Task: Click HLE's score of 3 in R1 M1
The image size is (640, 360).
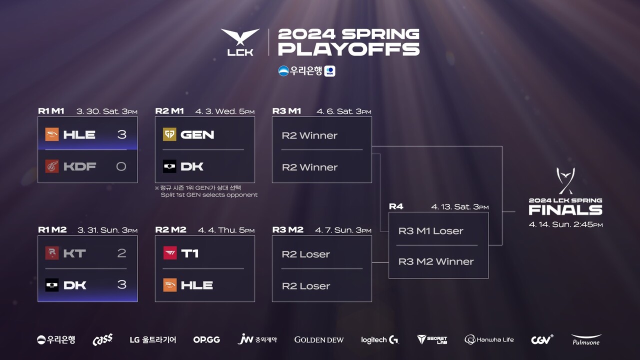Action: pyautogui.click(x=121, y=134)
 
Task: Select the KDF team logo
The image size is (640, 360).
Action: pyautogui.click(x=52, y=166)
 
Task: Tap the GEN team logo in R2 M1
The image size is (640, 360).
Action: pyautogui.click(x=170, y=134)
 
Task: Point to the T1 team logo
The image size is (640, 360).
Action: pyautogui.click(x=170, y=253)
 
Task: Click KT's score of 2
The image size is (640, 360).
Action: pyautogui.click(x=121, y=253)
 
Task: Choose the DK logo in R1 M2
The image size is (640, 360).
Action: pyautogui.click(x=52, y=285)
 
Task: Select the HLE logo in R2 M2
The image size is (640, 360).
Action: pyautogui.click(x=170, y=285)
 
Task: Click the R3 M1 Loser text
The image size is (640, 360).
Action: pyautogui.click(x=430, y=231)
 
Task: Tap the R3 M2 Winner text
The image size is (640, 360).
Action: pyautogui.click(x=436, y=261)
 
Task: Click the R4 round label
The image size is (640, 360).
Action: pyautogui.click(x=396, y=206)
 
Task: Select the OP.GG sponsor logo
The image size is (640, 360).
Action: pyautogui.click(x=206, y=339)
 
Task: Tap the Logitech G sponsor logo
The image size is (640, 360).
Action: pyautogui.click(x=380, y=340)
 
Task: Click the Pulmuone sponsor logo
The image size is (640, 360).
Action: pyautogui.click(x=586, y=340)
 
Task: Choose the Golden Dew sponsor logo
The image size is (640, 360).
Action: pyautogui.click(x=319, y=340)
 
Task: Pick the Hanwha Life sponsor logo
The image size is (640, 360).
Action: pyautogui.click(x=489, y=340)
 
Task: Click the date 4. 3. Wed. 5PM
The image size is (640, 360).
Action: pyautogui.click(x=225, y=111)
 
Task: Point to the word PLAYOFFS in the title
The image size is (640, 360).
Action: pyautogui.click(x=348, y=49)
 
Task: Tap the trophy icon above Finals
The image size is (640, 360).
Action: pyautogui.click(x=565, y=180)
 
